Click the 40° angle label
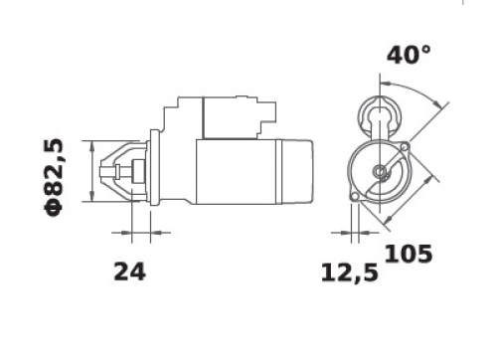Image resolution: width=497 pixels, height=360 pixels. (x=410, y=55)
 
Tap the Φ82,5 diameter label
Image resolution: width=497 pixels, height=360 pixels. (x=53, y=177)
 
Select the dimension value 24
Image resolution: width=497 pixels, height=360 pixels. (x=129, y=271)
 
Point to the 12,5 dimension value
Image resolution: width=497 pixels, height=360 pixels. (x=350, y=273)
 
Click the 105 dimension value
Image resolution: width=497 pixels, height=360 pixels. (x=409, y=254)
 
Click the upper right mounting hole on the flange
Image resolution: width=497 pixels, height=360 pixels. (x=405, y=146)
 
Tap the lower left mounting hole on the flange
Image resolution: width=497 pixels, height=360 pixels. (x=355, y=197)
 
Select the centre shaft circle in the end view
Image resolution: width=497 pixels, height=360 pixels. (x=379, y=171)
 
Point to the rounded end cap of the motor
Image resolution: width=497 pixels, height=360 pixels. (x=297, y=172)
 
